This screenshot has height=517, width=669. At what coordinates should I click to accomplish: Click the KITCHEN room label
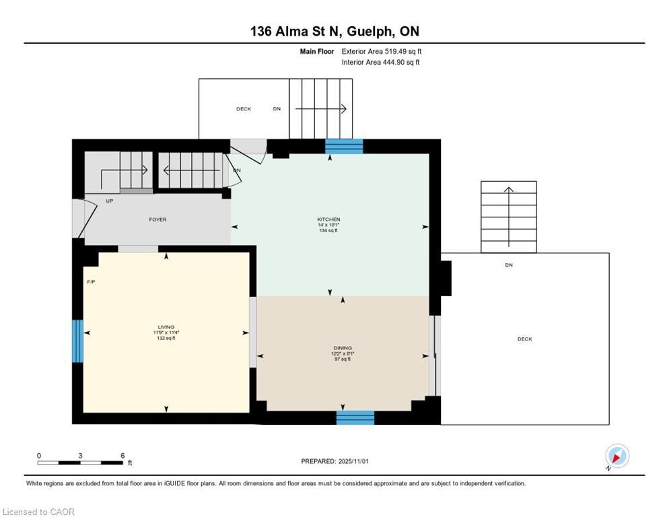point(328,219)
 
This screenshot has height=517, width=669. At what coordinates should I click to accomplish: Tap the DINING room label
point(343,348)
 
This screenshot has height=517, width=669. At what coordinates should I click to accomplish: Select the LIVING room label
point(166,327)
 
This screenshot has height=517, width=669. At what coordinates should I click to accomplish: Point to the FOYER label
point(157,219)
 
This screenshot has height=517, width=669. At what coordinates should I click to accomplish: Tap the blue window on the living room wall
point(77,341)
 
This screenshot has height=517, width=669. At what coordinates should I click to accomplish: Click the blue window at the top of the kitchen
point(344,147)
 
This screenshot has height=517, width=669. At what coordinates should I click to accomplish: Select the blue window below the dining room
point(355,417)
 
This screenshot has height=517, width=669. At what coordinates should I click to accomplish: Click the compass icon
point(617,456)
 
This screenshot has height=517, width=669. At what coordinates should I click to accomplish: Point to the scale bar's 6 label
point(122,456)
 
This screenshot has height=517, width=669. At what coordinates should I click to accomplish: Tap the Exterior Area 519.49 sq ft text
point(381,51)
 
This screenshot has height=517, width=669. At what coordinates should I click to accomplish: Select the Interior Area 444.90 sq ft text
point(380,63)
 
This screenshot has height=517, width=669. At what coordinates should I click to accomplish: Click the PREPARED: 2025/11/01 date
point(334,461)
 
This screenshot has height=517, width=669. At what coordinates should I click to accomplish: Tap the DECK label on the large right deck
point(524,339)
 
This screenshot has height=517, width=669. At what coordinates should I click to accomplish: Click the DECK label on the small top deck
point(244,109)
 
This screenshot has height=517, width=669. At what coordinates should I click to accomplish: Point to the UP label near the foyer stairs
point(109,201)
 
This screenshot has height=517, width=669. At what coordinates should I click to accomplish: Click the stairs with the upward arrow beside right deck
point(509,217)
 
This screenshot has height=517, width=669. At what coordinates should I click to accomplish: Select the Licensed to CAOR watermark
point(38,512)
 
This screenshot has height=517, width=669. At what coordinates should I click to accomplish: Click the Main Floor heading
point(316,51)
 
